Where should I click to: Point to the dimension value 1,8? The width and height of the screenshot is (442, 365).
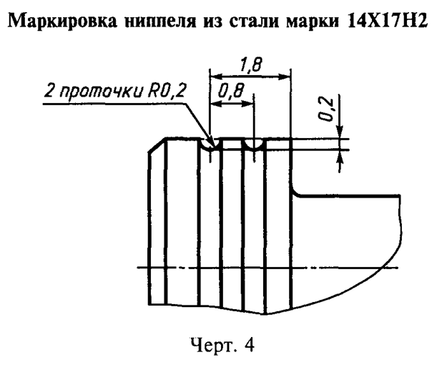tap(250, 65)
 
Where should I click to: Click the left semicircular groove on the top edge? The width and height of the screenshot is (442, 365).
tap(210, 145)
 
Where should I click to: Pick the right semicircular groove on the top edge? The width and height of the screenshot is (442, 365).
tap(255, 145)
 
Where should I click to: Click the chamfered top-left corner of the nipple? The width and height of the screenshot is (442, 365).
tap(156, 146)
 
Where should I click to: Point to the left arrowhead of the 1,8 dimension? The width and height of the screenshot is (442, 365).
tap(212, 75)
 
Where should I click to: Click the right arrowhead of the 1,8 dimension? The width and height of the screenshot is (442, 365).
tap(287, 75)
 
